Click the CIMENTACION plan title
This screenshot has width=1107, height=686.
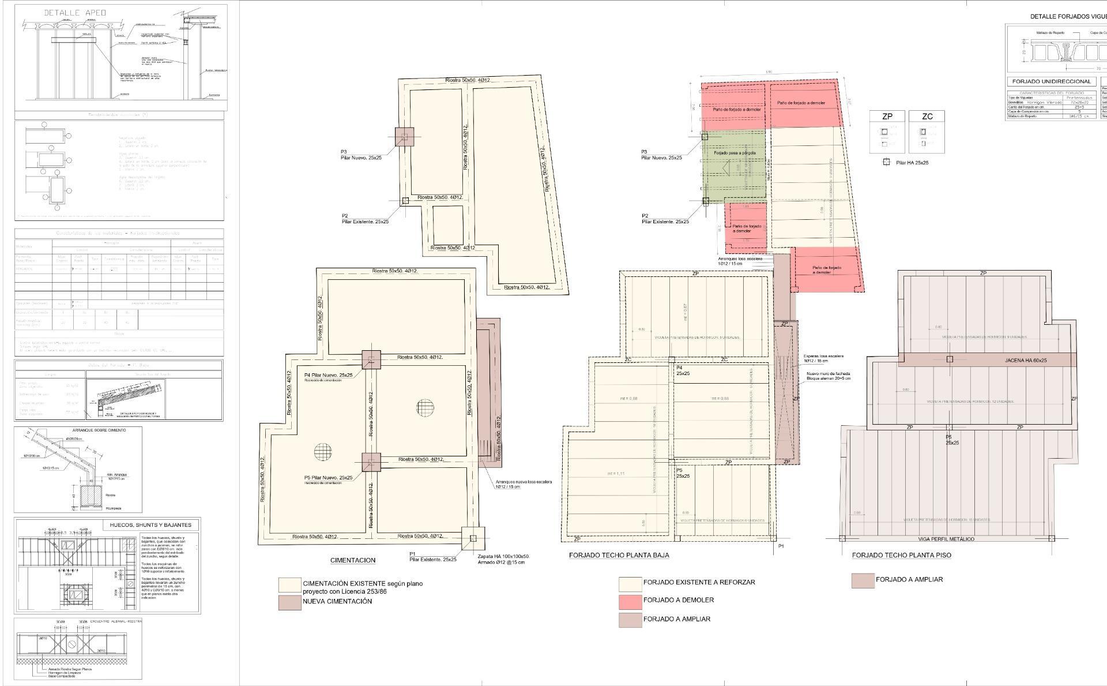352,560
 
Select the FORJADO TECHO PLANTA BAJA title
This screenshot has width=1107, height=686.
619,555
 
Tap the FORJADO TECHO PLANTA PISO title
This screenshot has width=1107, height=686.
901,555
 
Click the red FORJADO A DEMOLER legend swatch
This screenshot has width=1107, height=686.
630,601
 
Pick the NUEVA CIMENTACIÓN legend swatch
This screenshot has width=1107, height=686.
289,602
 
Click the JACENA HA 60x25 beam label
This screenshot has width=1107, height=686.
1026,360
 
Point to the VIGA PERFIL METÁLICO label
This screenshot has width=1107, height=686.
946,539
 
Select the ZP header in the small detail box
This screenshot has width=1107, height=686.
887,117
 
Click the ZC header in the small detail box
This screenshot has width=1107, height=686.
927,117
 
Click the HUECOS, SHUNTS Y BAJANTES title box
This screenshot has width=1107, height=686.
150,525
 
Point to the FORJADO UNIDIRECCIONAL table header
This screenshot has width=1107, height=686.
1051,82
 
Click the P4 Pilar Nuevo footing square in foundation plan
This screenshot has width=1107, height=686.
371,359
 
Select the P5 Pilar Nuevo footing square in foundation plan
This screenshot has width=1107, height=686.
371,462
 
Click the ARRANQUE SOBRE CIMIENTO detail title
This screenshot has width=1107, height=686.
99,430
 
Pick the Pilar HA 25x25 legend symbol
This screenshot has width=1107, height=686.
887,163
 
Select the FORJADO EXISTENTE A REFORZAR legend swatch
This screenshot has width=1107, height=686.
630,584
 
